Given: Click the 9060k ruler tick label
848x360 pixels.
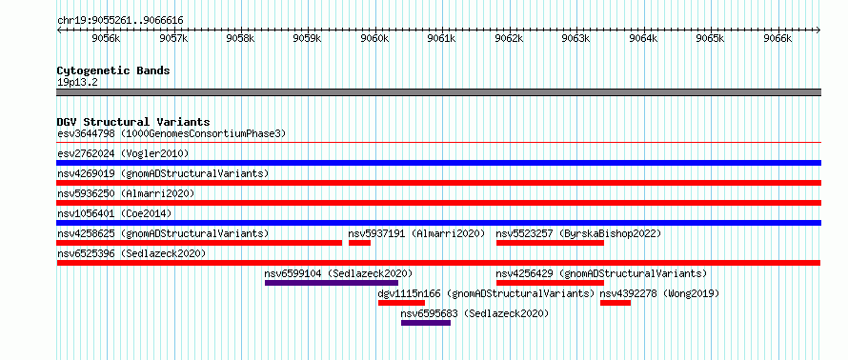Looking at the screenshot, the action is coord(374,38).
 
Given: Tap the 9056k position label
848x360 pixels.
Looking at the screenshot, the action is coord(106,38).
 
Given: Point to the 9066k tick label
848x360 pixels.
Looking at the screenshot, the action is coord(777,38).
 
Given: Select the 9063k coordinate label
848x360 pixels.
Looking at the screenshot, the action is coord(575,38).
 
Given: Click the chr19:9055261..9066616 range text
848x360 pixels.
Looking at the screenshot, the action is coord(120,21).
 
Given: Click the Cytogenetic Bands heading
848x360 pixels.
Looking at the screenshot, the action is coord(113,70).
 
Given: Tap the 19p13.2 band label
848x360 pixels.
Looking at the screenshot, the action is coord(77,83).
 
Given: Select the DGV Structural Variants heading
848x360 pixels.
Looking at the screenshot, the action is coord(133,122).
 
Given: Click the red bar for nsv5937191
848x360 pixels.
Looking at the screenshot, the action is coord(359,243).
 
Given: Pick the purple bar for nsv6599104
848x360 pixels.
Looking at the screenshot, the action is coord(332,283).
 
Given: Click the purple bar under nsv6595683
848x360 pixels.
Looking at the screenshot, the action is coord(426,323).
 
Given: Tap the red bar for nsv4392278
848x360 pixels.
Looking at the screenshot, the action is coord(616,303).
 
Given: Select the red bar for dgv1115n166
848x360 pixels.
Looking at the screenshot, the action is coord(401,303).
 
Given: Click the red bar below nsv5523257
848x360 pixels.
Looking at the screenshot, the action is coord(550,243).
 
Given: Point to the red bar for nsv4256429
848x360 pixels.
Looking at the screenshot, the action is coord(550,283).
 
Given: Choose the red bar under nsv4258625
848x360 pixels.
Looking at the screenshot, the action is coord(199,243).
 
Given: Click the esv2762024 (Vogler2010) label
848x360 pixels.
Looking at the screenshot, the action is coord(123,153).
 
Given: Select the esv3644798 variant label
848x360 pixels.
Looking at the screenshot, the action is coord(86,133).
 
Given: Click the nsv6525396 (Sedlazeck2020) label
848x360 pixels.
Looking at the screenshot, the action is coord(131,253).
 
